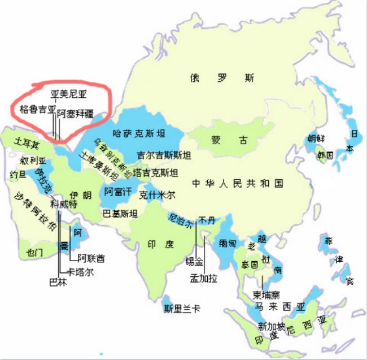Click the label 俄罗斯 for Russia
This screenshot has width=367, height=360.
click(221, 78)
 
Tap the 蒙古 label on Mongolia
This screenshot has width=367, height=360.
click(221, 140)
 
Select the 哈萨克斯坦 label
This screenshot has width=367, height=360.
click(139, 134)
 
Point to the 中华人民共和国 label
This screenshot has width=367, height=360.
click(237, 184)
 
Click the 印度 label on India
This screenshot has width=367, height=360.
click(159, 245)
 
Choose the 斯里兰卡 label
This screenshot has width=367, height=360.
click(182, 309)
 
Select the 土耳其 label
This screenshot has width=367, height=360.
click(27, 143)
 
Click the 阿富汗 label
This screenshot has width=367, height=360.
click(117, 192)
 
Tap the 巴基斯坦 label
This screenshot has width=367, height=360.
click(120, 214)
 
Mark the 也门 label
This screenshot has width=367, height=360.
click(35, 253)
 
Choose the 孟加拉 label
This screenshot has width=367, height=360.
click(203, 278)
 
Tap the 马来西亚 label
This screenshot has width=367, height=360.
click(279, 306)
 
